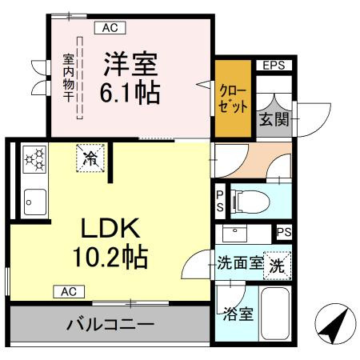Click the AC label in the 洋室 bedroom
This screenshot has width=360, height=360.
(x=110, y=27)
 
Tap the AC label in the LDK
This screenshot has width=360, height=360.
(x=69, y=292)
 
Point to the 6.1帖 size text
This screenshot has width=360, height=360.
(x=130, y=92)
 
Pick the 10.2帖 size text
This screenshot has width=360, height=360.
(x=112, y=258)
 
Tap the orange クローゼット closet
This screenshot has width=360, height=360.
(x=231, y=99)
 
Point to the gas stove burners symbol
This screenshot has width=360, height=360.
(x=34, y=158)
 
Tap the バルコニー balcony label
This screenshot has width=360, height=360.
(x=110, y=326)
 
